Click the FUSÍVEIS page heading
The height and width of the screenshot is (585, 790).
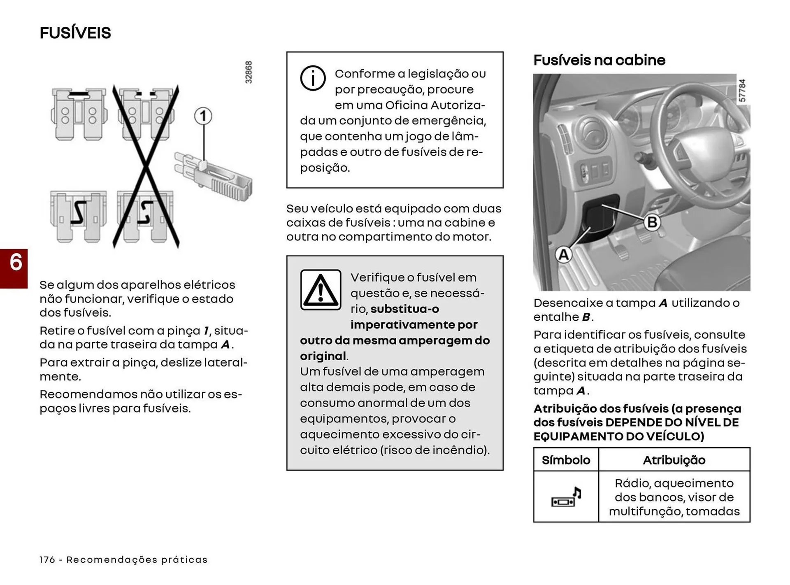(75, 33)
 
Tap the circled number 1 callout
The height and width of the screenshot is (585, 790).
(203, 117)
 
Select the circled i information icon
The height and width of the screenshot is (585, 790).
(313, 78)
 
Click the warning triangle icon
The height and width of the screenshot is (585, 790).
(321, 290)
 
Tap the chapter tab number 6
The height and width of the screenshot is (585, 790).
(15, 263)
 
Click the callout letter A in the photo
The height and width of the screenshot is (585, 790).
(563, 254)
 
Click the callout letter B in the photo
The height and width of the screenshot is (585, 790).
(652, 222)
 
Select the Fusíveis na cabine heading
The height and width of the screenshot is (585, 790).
(599, 60)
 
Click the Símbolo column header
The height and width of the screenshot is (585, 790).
(566, 460)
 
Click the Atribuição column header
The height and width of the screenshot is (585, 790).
(674, 460)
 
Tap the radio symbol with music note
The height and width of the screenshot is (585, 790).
(566, 497)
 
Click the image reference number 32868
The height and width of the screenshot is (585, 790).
(249, 72)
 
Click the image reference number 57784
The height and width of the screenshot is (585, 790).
(742, 91)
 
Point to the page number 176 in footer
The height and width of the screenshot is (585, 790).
(47, 560)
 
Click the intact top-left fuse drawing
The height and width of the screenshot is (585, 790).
(79, 114)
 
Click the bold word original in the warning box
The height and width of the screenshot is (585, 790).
(323, 356)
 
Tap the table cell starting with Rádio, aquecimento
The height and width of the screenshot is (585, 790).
(674, 497)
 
